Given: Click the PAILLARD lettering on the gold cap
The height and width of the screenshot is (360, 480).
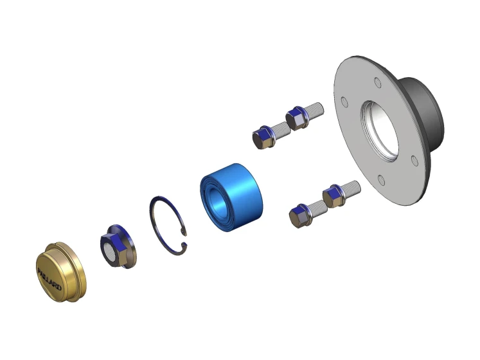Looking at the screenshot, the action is pyautogui.click(x=49, y=279).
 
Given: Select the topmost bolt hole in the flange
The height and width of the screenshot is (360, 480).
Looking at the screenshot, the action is pyautogui.click(x=378, y=82).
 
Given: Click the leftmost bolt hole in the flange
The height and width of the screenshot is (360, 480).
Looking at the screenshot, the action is pyautogui.click(x=344, y=102).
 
